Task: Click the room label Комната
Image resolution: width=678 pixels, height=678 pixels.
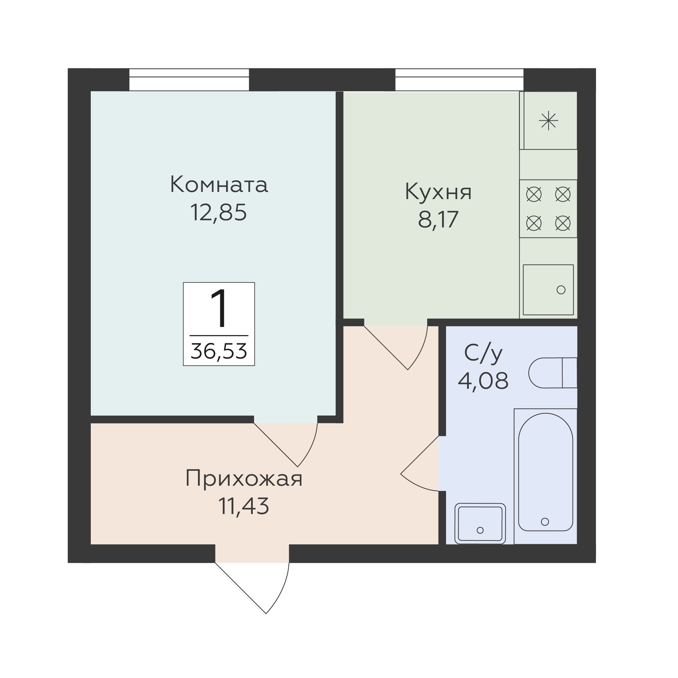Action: (219, 184)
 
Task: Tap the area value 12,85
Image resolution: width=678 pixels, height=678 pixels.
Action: (218, 213)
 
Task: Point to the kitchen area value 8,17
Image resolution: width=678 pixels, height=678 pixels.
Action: (438, 220)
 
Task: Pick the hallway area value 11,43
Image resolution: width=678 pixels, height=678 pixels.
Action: (244, 507)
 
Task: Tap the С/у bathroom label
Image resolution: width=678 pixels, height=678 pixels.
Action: (483, 354)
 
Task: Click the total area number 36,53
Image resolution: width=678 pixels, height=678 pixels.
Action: (219, 351)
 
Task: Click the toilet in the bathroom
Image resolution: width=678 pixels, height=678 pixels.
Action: (553, 373)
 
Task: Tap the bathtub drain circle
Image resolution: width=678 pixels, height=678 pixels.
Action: (545, 522)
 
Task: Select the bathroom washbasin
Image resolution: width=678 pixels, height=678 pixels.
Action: (480, 523)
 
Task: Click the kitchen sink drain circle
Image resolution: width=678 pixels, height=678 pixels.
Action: (561, 290)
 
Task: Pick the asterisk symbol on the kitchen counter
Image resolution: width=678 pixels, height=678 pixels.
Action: (548, 121)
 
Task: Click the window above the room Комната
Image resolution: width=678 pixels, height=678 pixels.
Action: (189, 80)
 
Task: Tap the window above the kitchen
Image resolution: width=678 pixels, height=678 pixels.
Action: (459, 80)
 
